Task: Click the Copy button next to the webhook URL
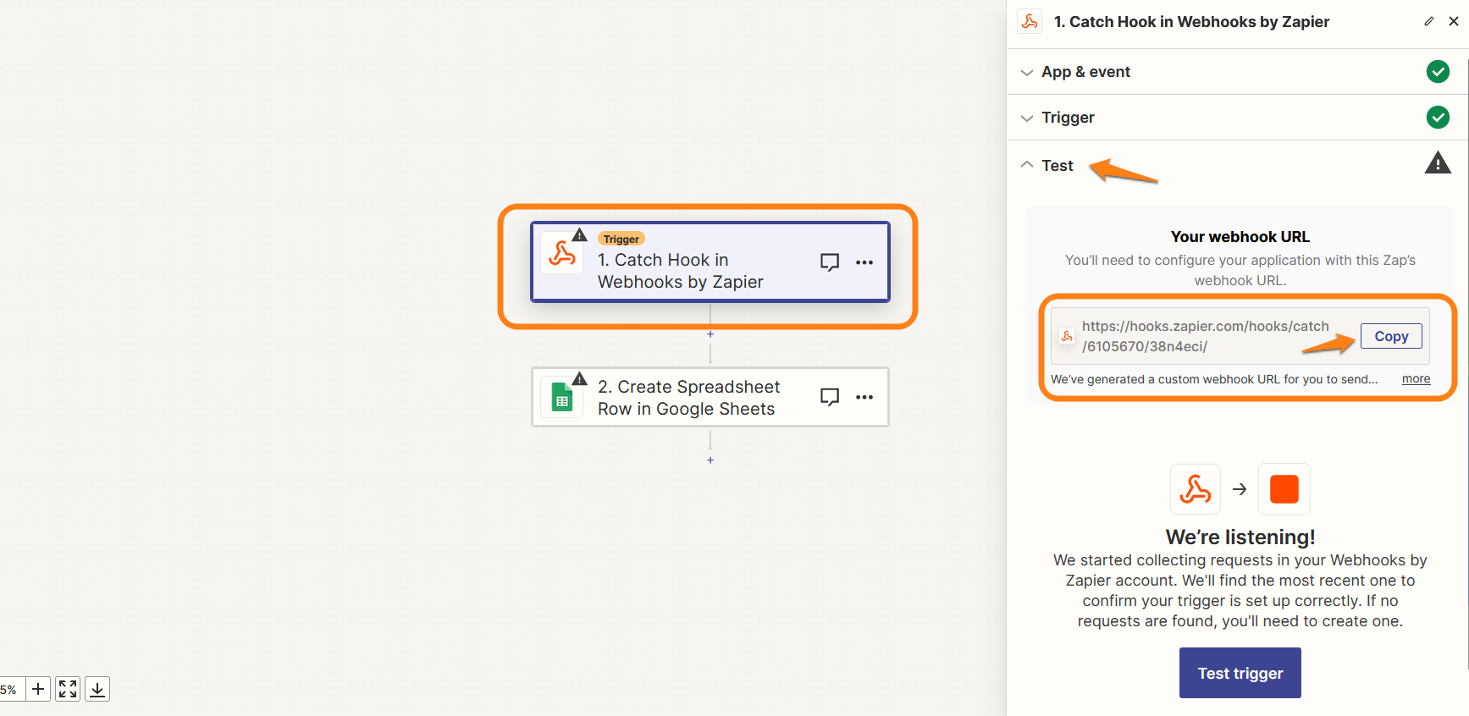tap(1391, 336)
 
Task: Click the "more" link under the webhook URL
tap(1416, 378)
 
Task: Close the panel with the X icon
tap(1453, 21)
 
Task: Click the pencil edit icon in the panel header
tap(1429, 21)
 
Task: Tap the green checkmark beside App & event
tap(1438, 72)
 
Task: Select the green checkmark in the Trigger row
tap(1438, 117)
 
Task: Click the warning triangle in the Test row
tap(1438, 162)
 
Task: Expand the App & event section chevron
tap(1027, 73)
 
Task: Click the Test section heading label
tap(1058, 166)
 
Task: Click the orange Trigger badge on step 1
tap(621, 239)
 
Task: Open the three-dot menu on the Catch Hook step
tap(864, 262)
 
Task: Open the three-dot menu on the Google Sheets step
tap(864, 397)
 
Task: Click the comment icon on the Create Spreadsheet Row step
tap(830, 397)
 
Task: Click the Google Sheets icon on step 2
tap(562, 397)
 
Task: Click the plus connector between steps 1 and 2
tap(710, 334)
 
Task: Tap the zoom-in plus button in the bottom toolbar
tap(38, 689)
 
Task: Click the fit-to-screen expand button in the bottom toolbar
tap(68, 689)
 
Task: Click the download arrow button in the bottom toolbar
tap(97, 689)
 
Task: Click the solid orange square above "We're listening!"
tap(1284, 489)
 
